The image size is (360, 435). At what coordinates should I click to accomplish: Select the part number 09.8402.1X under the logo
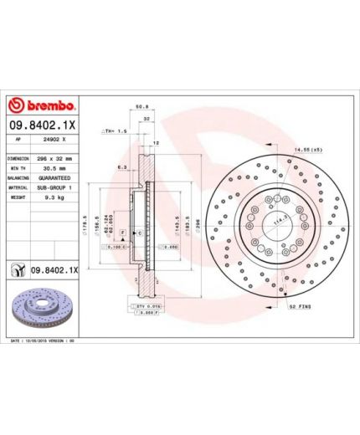(x=43, y=125)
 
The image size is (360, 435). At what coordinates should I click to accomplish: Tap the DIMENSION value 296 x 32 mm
(x=55, y=158)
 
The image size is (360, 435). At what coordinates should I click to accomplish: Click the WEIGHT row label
(x=18, y=198)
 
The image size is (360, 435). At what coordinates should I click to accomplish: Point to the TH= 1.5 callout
(x=115, y=131)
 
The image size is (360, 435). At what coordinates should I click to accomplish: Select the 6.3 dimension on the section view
(x=121, y=166)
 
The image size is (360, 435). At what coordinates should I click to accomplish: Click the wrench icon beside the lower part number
(x=17, y=270)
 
